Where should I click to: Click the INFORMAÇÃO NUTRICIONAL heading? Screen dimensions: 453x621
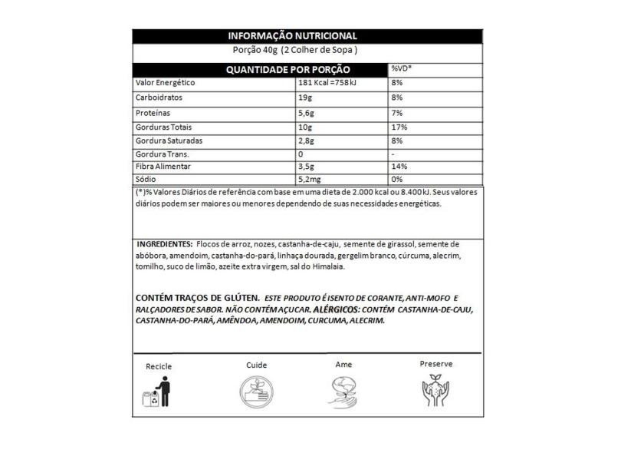pos(293,36)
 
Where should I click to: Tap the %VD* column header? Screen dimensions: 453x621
pos(402,69)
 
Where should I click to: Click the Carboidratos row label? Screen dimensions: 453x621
pos(159,98)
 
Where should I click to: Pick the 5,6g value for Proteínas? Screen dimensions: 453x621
pos(306,113)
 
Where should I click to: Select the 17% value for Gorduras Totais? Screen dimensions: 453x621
pos(399,127)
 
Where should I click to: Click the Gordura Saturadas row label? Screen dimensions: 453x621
pos(168,141)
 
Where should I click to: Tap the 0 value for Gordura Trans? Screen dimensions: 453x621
pos(301,154)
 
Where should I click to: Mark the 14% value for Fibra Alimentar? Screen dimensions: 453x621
pos(399,167)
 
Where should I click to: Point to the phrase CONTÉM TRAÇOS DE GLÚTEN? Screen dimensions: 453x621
pos(196,298)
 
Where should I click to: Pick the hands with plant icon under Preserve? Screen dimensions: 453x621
pos(436,391)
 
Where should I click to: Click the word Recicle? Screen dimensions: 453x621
pos(159,366)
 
